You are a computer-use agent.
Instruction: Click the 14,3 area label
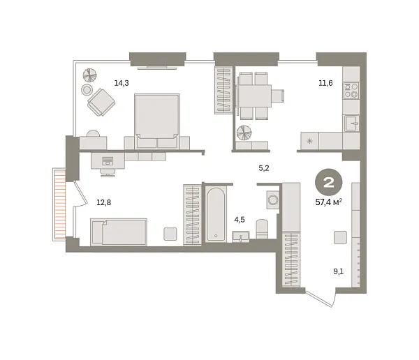(x=122, y=83)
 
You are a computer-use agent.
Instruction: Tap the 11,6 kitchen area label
(x=325, y=83)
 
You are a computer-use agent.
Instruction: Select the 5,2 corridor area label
(x=264, y=168)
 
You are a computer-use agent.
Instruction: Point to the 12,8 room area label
(x=103, y=203)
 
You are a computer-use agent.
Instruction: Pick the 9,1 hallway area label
(x=339, y=272)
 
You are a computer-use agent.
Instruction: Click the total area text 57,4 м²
(x=328, y=202)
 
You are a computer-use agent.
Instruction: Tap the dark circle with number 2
(x=327, y=183)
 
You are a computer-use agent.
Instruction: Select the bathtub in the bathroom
(x=216, y=213)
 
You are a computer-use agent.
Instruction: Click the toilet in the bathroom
(x=263, y=228)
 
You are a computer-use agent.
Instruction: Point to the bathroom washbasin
(x=241, y=236)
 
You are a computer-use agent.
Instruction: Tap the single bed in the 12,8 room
(x=119, y=232)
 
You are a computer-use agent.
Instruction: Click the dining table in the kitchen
(x=253, y=94)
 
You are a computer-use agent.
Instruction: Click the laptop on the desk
(x=107, y=162)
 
